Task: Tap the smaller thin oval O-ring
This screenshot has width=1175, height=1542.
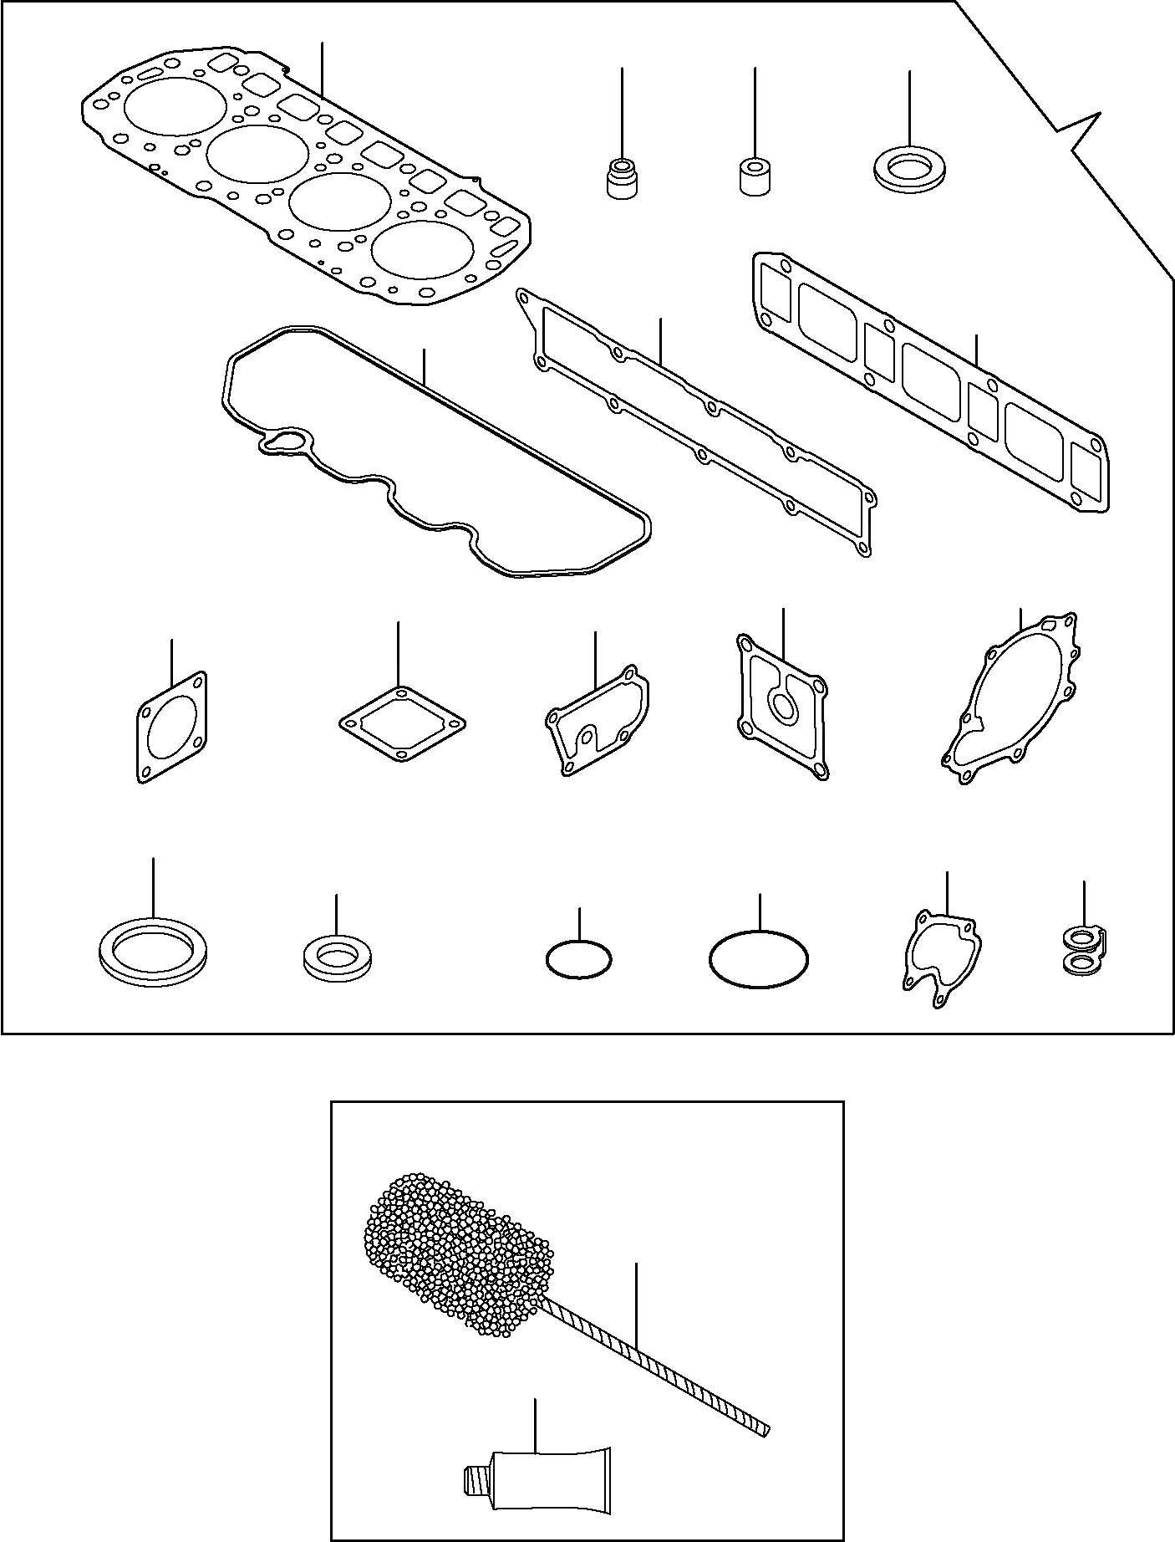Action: point(578,957)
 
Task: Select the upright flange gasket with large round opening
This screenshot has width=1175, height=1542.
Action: point(171,727)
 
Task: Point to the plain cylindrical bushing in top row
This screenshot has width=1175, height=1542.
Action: point(755,175)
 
